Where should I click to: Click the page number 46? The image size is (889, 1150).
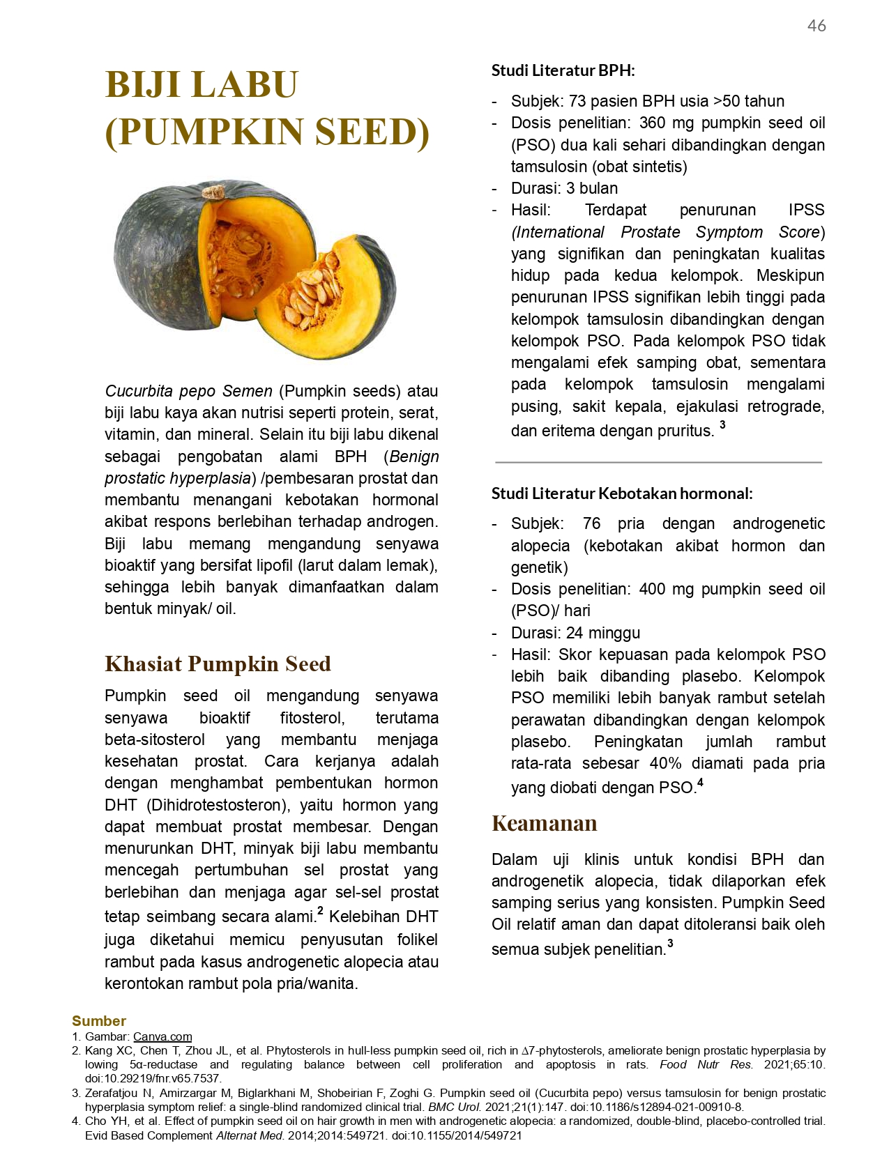(816, 26)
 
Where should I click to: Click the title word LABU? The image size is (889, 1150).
(245, 85)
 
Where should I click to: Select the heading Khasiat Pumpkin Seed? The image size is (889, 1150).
(218, 664)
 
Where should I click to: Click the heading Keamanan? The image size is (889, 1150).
(544, 823)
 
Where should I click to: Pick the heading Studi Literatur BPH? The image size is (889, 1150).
(563, 70)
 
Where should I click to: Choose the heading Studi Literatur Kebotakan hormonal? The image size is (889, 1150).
(621, 493)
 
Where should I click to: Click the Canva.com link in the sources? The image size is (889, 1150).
(162, 1036)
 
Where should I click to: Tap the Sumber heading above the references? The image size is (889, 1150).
(99, 1021)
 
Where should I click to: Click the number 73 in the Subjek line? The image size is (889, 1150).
(577, 101)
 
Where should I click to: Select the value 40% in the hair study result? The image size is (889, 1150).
(665, 763)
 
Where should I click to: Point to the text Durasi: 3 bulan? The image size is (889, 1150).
(564, 188)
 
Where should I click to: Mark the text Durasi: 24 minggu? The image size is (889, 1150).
(575, 633)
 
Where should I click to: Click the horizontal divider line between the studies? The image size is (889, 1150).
(658, 462)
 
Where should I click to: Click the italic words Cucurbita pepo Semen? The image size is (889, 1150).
(188, 391)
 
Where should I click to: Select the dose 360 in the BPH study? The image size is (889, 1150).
(652, 123)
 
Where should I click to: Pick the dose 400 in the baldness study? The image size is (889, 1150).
(652, 589)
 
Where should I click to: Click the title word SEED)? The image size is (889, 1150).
(371, 132)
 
